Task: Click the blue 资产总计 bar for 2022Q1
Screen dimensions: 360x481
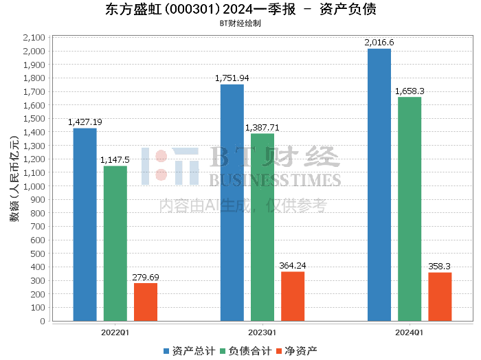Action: pos(85,225)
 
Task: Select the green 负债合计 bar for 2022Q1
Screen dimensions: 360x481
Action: pos(115,243)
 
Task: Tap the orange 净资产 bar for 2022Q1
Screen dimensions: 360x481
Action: pos(146,302)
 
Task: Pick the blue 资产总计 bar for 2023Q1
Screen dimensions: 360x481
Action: pos(232,203)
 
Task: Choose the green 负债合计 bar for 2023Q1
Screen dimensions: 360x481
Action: pos(262,227)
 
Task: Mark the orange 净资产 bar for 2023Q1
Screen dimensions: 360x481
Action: pos(293,296)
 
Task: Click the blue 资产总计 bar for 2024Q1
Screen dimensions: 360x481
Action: pos(379,185)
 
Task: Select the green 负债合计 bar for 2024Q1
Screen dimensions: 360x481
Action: pos(410,209)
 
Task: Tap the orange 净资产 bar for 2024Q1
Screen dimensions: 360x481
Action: pos(440,297)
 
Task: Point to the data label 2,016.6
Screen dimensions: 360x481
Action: pos(379,43)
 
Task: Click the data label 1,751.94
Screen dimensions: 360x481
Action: pos(232,78)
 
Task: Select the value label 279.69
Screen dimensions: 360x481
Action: pos(146,277)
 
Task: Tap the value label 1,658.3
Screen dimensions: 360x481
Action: pos(410,91)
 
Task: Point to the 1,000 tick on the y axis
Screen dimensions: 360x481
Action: pos(34,186)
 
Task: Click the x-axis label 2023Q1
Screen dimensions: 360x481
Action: pos(262,331)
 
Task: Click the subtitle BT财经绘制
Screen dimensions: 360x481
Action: pos(240,23)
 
